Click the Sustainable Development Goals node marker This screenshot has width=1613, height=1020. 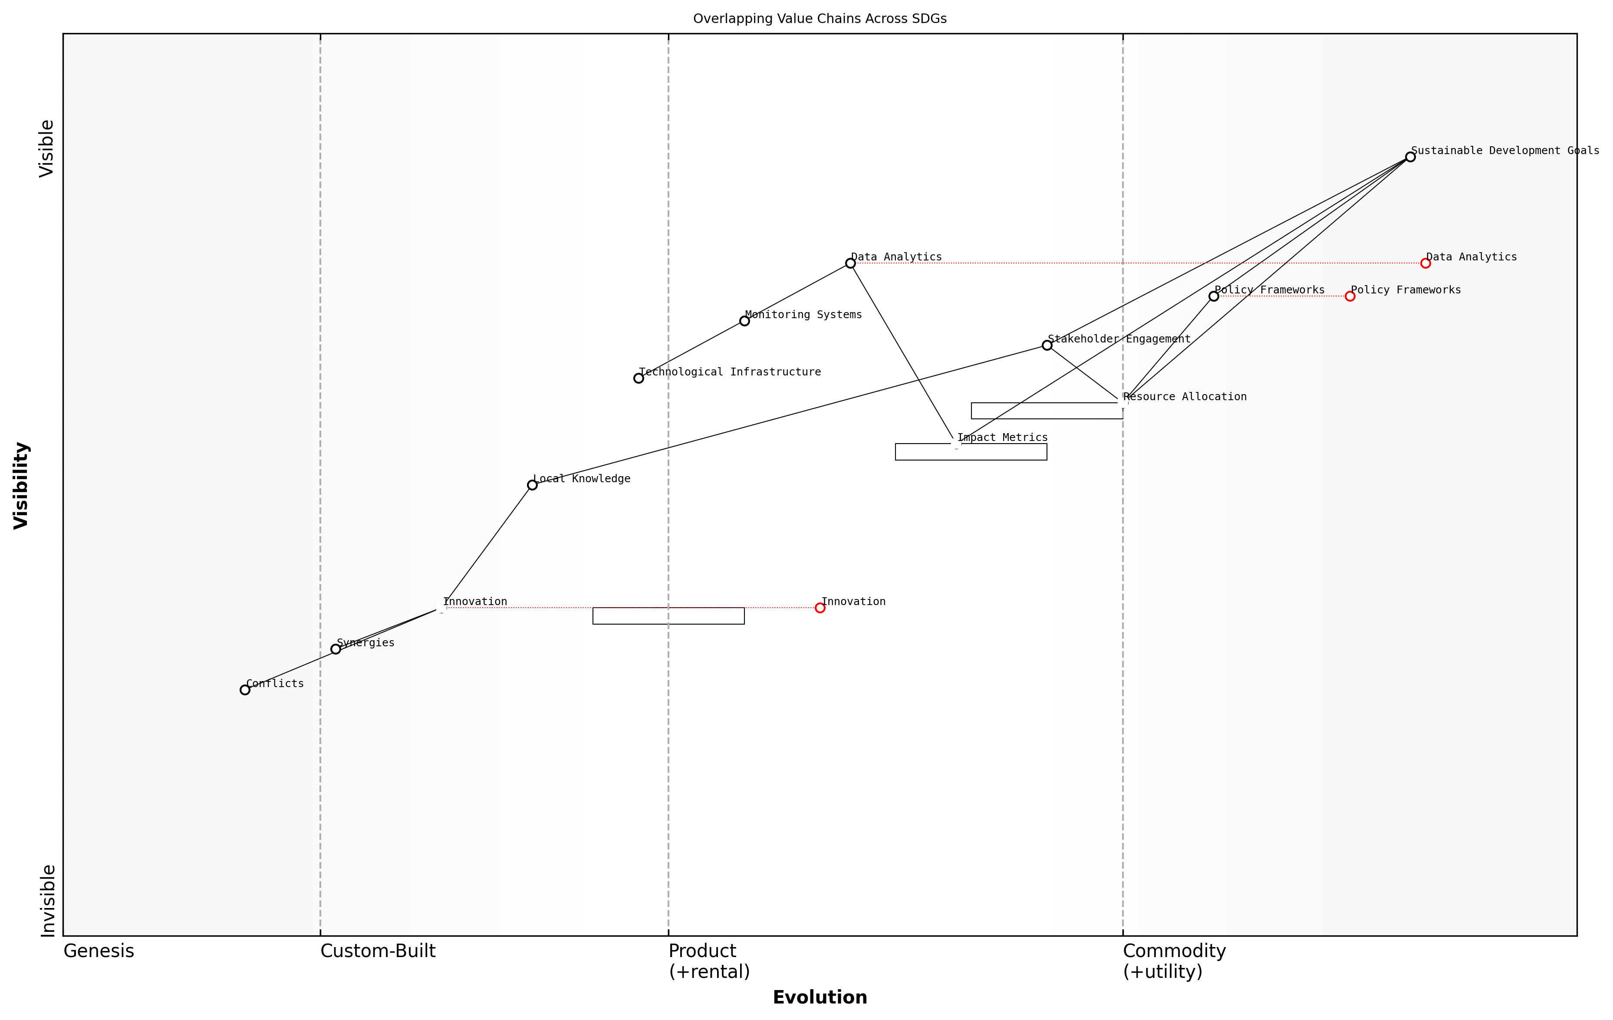click(1410, 157)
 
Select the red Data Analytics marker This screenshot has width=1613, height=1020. click(1425, 263)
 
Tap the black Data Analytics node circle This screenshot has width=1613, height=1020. click(850, 263)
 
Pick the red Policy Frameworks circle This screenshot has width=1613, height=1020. click(1350, 296)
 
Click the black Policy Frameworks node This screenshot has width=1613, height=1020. click(1214, 296)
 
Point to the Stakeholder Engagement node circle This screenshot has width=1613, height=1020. click(1047, 345)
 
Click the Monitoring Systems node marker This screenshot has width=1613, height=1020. click(744, 321)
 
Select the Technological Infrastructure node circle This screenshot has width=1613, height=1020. click(639, 378)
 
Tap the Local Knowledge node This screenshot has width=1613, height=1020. click(532, 485)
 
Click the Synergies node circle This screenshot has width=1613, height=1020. click(336, 649)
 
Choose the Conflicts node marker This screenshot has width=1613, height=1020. click(245, 690)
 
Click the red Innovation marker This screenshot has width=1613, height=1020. click(820, 608)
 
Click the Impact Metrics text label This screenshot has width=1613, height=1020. click(1002, 438)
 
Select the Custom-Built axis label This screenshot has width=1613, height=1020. click(378, 951)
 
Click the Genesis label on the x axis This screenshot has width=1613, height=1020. click(99, 951)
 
